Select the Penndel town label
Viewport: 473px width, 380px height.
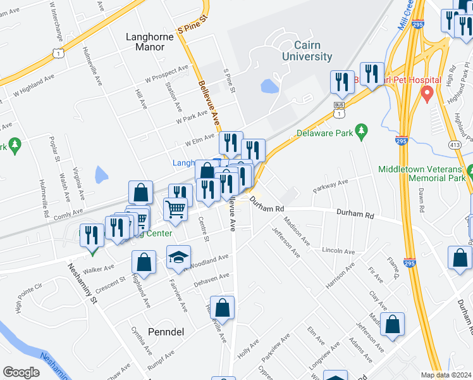coord(165,331)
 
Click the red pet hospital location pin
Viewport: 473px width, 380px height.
coord(427,94)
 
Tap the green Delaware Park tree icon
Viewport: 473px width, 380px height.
coord(362,131)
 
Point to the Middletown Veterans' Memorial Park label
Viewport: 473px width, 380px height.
coord(424,174)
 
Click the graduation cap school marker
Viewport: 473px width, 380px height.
coord(178,257)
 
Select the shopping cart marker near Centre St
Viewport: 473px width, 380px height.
coord(176,208)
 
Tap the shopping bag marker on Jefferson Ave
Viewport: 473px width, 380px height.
coord(393,324)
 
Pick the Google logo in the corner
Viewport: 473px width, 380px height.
coord(21,372)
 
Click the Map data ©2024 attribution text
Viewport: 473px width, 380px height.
coord(445,375)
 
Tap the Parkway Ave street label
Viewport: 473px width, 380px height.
coord(331,186)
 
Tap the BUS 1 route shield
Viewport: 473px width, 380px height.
coord(340,109)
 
